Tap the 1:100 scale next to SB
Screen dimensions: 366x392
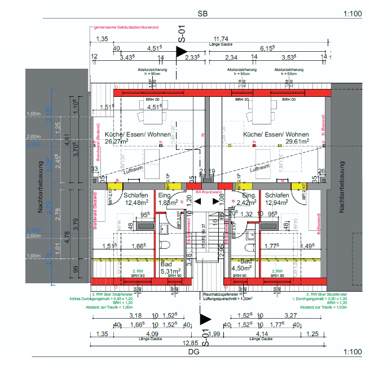tap(351, 15)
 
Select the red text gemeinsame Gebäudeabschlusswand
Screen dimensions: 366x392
tap(126, 28)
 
